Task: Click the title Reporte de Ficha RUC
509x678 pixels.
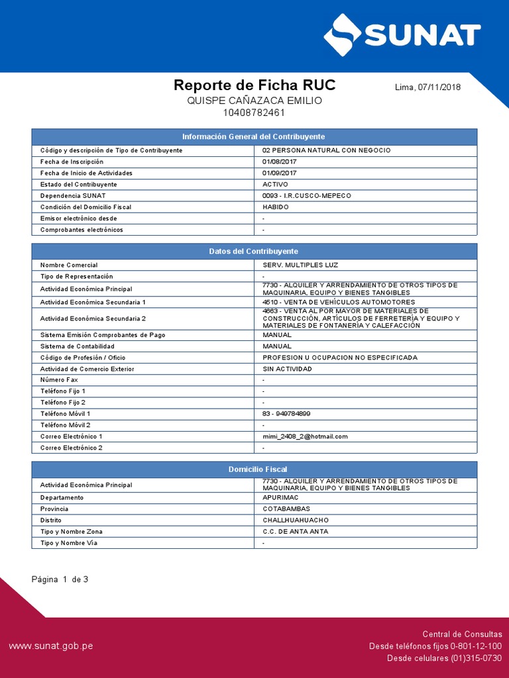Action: coord(254,85)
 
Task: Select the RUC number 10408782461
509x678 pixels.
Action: coord(254,113)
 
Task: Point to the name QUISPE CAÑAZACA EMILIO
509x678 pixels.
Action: coord(254,100)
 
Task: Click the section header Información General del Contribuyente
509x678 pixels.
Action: coord(254,136)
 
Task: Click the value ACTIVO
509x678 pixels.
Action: coord(275,184)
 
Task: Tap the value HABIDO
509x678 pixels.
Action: coord(276,207)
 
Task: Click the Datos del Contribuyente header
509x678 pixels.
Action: coord(254,252)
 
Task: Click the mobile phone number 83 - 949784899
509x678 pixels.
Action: coord(286,413)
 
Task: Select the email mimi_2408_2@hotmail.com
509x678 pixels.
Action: coord(305,436)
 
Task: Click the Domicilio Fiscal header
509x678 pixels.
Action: coord(254,469)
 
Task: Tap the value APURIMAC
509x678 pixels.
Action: coord(282,497)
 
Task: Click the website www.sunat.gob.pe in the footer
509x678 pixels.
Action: coord(50,646)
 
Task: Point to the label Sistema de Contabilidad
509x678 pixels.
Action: coord(78,346)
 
